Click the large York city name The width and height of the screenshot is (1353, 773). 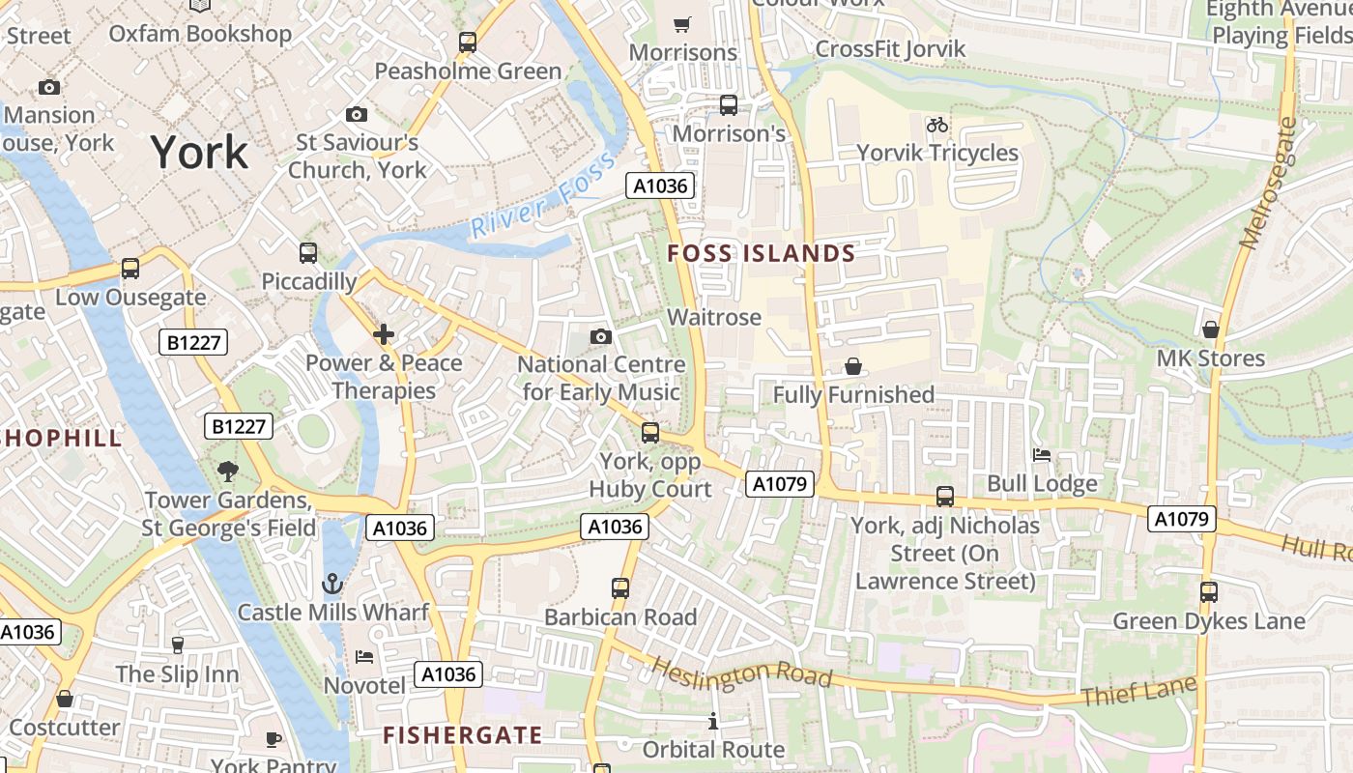coord(199,153)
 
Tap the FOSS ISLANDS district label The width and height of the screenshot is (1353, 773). coord(762,254)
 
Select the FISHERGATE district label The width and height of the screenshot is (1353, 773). coord(462,735)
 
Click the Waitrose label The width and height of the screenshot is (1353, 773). coord(714,317)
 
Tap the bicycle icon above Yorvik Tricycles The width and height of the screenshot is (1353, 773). coord(936,125)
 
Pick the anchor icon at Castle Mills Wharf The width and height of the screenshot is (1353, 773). coord(332,584)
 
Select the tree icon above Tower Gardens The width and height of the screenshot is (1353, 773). coord(228,472)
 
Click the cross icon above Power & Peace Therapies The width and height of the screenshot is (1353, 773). coord(384,334)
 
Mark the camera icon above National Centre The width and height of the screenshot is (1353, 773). coord(601,336)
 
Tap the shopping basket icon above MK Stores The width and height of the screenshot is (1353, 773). coord(1210,329)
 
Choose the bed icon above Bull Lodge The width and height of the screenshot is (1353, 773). coord(1042,454)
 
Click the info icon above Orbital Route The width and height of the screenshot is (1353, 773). coord(713,721)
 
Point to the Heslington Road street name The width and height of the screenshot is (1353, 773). coord(740,673)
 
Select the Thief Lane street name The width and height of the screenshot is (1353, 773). coord(1138,691)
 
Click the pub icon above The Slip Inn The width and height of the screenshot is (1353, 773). coord(177,644)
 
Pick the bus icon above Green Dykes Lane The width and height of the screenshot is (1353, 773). coord(1208,591)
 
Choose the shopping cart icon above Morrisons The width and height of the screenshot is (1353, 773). coord(682,24)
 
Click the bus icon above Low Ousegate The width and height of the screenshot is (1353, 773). coord(130,269)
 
